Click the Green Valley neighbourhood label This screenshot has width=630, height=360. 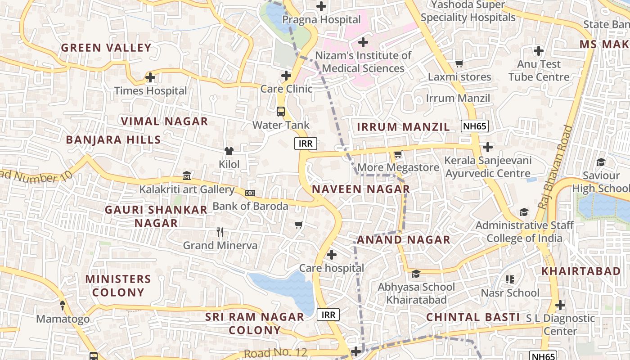click(106, 48)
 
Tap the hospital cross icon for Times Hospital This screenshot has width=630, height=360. click(150, 77)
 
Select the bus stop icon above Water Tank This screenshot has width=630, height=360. click(281, 111)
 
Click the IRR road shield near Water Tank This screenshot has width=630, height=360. click(306, 144)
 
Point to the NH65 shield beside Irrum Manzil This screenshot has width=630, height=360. click(475, 126)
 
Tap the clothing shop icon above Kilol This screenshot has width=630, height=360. click(229, 151)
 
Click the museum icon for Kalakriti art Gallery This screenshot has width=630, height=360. click(187, 176)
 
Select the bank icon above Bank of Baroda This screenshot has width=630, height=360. click(250, 193)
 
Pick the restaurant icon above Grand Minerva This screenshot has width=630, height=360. click(220, 232)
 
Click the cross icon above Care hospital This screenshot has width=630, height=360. click(332, 255)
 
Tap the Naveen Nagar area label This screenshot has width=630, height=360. click(361, 189)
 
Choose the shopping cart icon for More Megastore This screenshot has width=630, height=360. click(398, 154)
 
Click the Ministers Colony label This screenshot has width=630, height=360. click(118, 285)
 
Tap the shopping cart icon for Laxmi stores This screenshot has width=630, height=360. click(459, 64)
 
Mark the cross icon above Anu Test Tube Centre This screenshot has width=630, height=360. click(538, 50)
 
